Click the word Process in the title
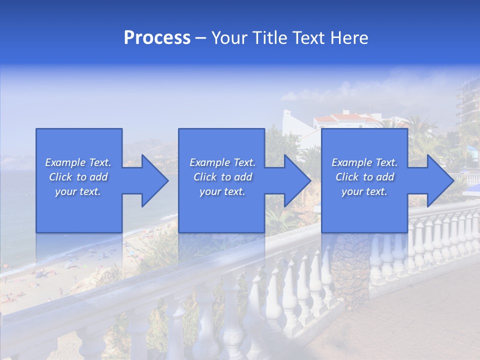tap(157, 38)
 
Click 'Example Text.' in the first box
tap(78, 162)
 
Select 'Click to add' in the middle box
tap(222, 177)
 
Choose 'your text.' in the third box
tap(364, 191)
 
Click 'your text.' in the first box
tap(78, 191)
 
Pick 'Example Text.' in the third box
tap(364, 162)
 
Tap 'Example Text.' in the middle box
tap(222, 162)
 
